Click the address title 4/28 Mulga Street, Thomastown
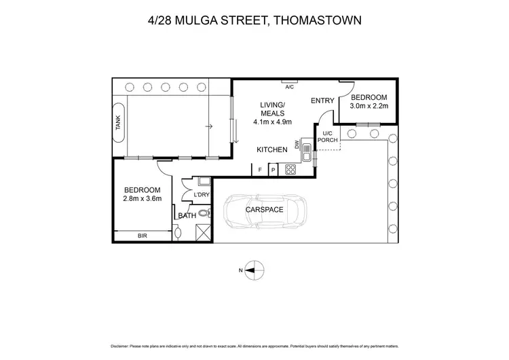pos(254,20)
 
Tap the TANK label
pos(117,122)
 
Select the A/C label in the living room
pos(289,87)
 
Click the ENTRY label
pos(322,101)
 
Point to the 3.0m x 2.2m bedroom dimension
pos(368,106)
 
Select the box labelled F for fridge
pos(259,170)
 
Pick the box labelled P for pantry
pos(274,170)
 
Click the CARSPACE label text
pos(265,210)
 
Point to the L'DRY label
pos(202,196)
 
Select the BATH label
pos(187,216)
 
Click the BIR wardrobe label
pos(142,236)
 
